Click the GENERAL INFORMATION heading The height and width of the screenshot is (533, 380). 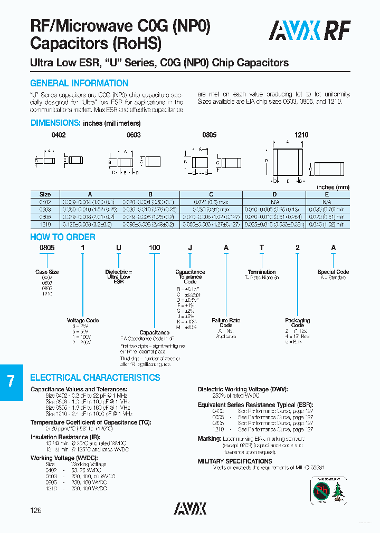79,83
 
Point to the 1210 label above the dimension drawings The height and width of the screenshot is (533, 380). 301,135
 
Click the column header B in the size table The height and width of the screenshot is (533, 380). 150,194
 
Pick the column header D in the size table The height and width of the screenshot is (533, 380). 274,194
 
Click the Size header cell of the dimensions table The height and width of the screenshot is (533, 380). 45,194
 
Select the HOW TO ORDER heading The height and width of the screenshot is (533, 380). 63,237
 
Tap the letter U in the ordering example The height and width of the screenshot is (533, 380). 119,248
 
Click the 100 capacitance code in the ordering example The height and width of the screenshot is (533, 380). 154,248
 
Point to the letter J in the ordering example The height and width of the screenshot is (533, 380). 190,248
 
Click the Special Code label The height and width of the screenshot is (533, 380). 333,272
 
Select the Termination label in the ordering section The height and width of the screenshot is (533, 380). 262,272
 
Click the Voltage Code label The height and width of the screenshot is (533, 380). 82,320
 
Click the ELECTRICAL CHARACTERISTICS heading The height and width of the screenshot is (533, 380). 95,378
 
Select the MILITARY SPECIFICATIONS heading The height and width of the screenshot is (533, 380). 235,461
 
